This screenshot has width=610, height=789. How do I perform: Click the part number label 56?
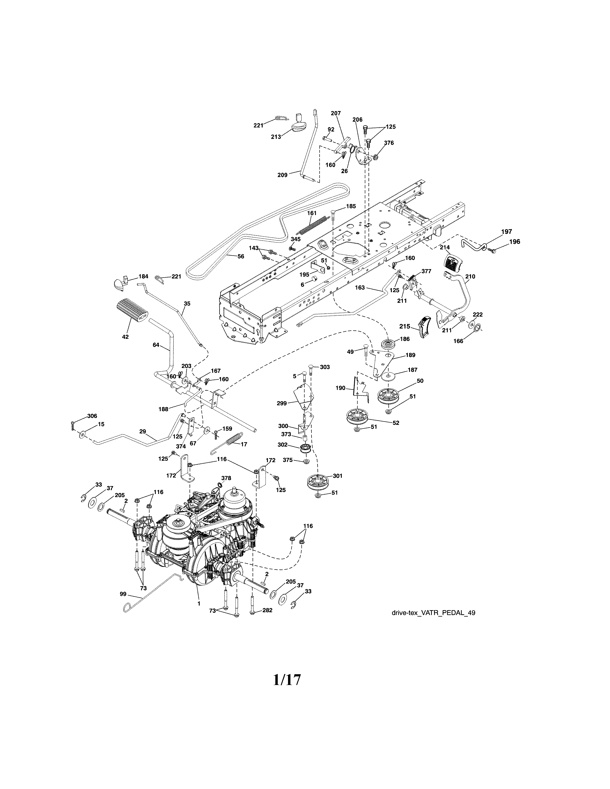(x=241, y=257)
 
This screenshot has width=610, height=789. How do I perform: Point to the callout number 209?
(x=282, y=175)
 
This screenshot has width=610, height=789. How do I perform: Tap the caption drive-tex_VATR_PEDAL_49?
(x=433, y=613)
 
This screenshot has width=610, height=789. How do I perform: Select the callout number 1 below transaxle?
(x=198, y=603)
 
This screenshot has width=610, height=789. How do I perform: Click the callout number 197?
(x=506, y=232)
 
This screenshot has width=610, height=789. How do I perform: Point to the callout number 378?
(x=226, y=478)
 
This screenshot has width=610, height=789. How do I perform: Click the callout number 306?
(x=92, y=416)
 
